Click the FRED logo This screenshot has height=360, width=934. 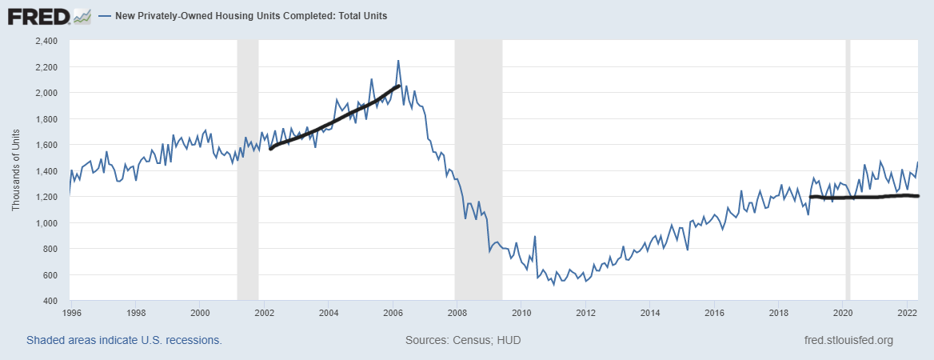tap(49, 15)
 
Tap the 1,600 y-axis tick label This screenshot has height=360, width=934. tap(47, 145)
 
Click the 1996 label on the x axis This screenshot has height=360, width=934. tap(71, 312)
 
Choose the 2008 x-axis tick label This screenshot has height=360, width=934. tap(457, 312)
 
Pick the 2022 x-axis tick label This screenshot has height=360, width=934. tap(908, 312)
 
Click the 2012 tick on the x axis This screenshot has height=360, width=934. tap(585, 312)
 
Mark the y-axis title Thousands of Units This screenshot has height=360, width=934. tap(16, 170)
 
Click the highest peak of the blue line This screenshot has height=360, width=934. tap(397, 61)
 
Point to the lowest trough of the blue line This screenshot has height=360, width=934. tap(553, 285)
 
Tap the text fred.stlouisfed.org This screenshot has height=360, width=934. tap(848, 340)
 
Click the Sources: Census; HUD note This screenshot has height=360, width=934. tap(463, 340)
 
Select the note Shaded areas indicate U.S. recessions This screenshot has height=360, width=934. tap(124, 340)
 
